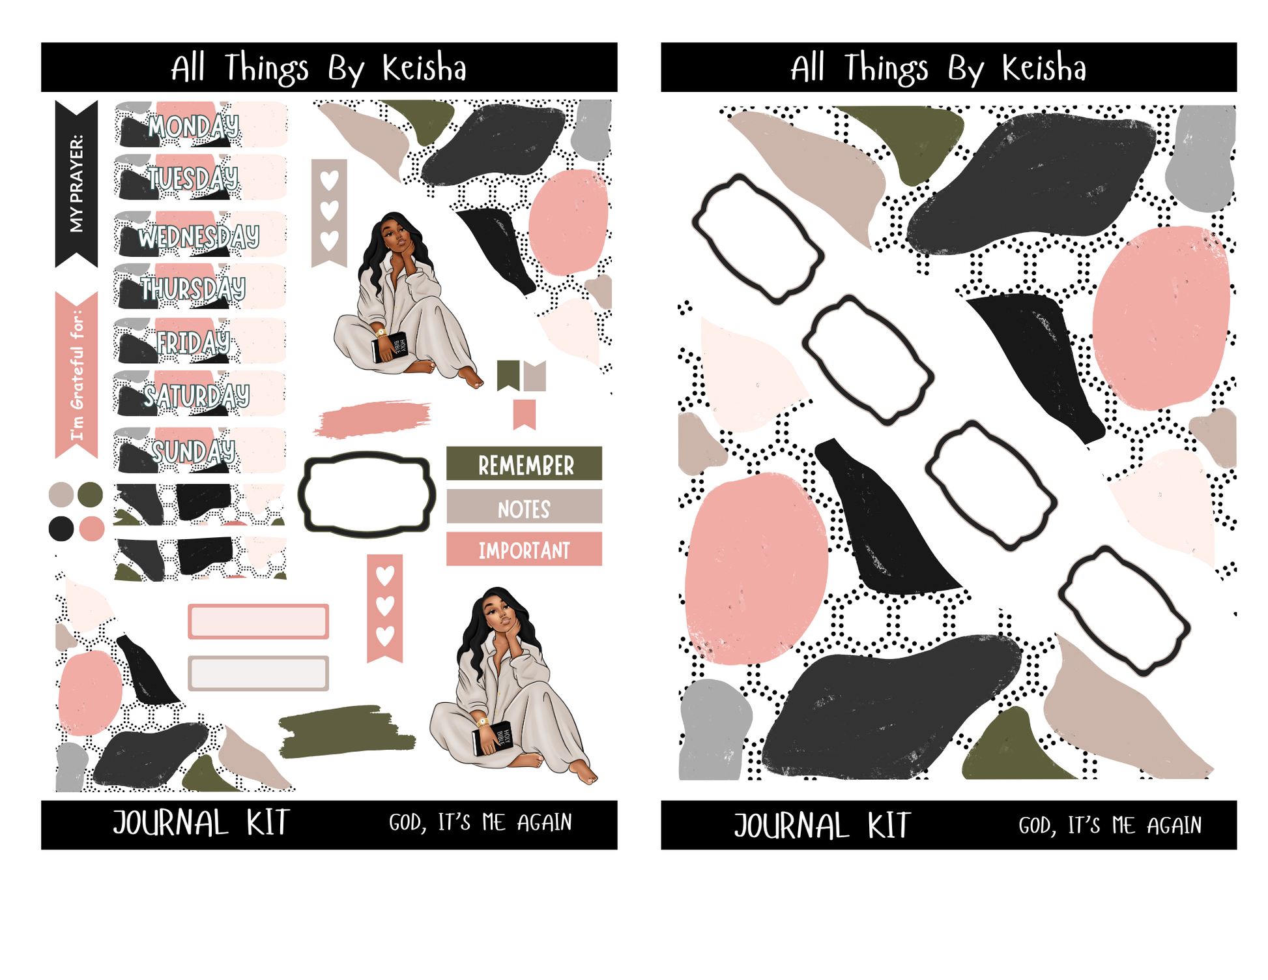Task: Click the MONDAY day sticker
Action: (201, 125)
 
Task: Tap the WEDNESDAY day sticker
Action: (201, 234)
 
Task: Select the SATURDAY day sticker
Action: (199, 394)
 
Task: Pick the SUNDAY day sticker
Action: (199, 450)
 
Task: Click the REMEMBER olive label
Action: (524, 464)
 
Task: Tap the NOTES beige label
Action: (524, 507)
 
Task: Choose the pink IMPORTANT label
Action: (524, 549)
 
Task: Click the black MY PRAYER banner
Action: (76, 184)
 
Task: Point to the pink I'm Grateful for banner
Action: (76, 375)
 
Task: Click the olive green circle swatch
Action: (90, 495)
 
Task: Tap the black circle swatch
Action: (61, 529)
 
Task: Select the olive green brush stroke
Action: (347, 731)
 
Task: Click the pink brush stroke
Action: (372, 419)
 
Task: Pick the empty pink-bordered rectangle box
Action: (258, 621)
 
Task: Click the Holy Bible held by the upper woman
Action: (390, 347)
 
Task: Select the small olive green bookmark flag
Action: (508, 375)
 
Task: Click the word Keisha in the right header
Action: (1044, 68)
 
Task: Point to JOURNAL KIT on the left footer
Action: (201, 823)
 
